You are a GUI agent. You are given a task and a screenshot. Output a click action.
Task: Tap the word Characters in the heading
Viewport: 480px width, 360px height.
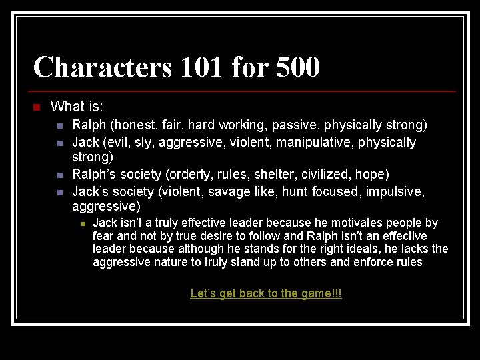point(102,67)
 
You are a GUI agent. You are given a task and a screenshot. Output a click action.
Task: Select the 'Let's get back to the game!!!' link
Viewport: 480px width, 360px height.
point(266,293)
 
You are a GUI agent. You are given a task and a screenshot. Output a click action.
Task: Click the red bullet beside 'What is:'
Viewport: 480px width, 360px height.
point(37,107)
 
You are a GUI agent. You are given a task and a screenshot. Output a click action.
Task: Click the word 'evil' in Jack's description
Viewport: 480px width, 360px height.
point(118,142)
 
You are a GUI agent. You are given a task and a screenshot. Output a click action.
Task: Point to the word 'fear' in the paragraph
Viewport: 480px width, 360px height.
point(103,236)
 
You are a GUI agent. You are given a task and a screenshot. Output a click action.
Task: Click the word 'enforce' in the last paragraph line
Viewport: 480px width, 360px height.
point(375,262)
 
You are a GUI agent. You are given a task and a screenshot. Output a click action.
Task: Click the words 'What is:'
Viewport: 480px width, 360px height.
point(77,107)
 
